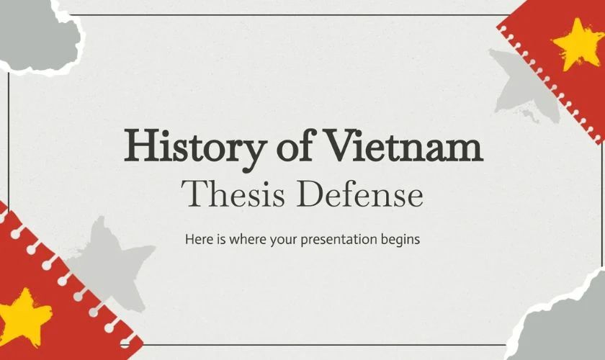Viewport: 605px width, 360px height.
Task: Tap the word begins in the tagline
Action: click(x=402, y=238)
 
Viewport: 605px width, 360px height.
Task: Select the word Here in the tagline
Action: click(x=197, y=238)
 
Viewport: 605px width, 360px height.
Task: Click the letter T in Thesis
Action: click(x=193, y=192)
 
